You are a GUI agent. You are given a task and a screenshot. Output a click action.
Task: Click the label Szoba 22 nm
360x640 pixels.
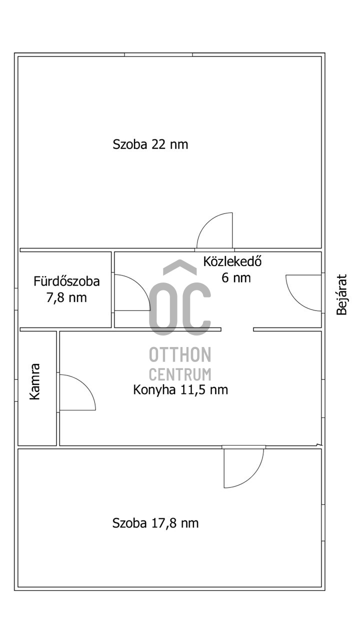point(150,145)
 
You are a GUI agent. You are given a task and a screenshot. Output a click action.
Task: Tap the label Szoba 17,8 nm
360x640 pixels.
point(155,523)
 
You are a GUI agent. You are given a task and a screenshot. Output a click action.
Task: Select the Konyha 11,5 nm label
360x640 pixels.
point(180,389)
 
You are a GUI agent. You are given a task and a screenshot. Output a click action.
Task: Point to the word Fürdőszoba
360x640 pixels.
point(66,281)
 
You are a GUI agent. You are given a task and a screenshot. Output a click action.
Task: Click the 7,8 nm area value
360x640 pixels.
point(66,298)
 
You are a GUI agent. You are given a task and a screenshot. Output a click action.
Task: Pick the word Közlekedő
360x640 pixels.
point(233,261)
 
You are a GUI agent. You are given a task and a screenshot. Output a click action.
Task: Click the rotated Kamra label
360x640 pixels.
point(34,381)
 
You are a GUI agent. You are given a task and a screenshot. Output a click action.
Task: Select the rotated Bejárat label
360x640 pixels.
point(341,294)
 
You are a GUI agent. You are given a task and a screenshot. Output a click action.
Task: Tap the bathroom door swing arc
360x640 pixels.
point(131,292)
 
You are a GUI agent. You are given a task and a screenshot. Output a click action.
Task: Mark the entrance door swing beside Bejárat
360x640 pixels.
point(303,292)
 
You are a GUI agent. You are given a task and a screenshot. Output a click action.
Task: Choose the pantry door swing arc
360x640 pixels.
point(76,392)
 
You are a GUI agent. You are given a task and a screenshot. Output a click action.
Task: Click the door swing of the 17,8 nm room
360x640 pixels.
point(243,467)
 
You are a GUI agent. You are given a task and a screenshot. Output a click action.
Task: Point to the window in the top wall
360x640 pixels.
point(158,54)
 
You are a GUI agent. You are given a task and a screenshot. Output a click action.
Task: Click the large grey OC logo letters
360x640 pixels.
point(180,308)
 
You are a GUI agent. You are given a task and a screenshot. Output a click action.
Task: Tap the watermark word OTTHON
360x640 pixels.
point(180,354)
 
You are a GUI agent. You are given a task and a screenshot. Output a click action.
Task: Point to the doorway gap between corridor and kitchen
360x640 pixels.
point(237,329)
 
